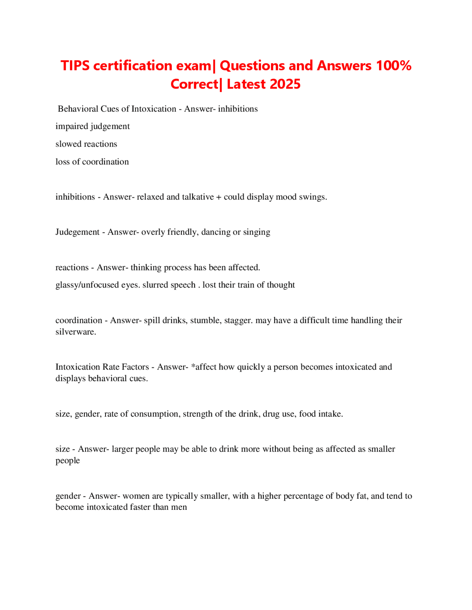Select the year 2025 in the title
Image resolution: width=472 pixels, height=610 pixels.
(285, 84)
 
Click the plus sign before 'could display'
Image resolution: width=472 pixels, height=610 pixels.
(219, 197)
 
